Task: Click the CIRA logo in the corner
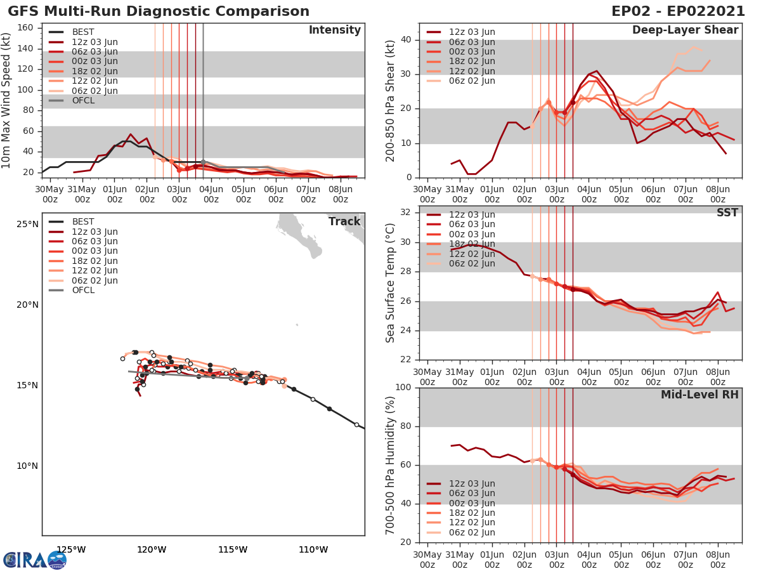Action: (x=35, y=560)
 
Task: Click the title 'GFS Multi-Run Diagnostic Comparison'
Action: (x=159, y=11)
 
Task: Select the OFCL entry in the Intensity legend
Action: (x=83, y=101)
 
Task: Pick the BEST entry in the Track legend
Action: (x=83, y=221)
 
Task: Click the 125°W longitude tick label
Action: (x=71, y=549)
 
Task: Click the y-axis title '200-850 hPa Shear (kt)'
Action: (x=391, y=100)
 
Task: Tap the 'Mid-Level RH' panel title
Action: (x=699, y=395)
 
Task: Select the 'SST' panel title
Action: (x=727, y=213)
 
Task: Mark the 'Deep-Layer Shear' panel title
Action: (x=685, y=30)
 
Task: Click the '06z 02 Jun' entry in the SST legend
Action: (x=472, y=264)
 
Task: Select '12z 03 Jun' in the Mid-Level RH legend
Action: (x=472, y=483)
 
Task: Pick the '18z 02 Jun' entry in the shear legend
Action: (x=472, y=62)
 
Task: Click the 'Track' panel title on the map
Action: (x=344, y=221)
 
